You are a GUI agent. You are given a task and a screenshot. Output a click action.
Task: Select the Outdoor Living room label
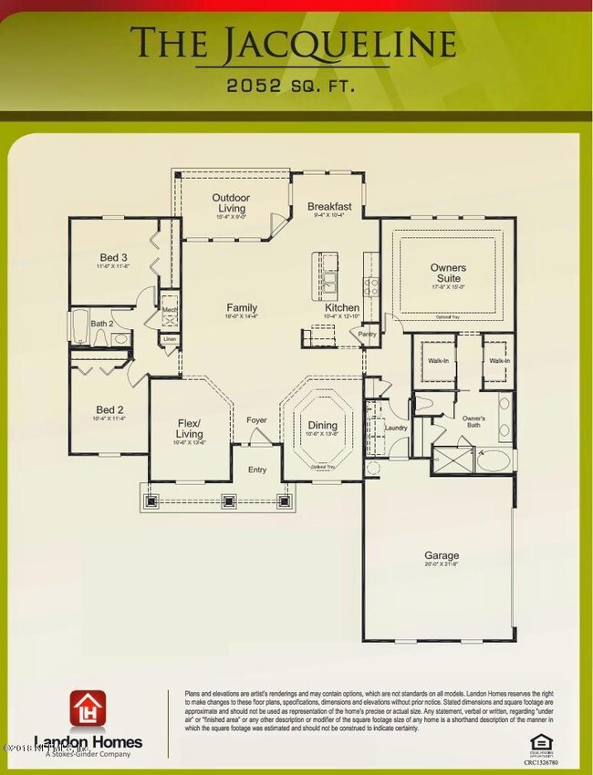tap(232, 203)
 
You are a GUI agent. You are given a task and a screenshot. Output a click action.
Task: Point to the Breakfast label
tap(329, 207)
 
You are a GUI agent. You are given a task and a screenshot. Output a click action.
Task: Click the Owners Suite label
tap(448, 273)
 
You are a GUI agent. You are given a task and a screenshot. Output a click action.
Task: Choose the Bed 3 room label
tap(113, 259)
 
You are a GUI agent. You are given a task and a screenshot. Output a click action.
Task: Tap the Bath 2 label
tap(103, 324)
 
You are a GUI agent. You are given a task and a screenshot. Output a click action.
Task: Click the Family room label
tap(242, 308)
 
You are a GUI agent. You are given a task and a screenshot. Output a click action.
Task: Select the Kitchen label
tap(342, 308)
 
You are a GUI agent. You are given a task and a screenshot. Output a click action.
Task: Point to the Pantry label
tap(367, 335)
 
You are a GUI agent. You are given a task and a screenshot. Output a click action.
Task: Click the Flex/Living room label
tap(189, 428)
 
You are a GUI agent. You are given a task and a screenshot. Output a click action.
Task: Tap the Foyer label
tap(257, 420)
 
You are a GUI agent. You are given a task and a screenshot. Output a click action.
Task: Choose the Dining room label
tap(322, 426)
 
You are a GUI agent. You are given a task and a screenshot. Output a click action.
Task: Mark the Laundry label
tap(395, 428)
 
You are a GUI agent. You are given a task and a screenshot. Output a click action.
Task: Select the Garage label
tap(442, 555)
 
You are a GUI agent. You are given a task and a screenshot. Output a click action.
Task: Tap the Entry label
tap(257, 470)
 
